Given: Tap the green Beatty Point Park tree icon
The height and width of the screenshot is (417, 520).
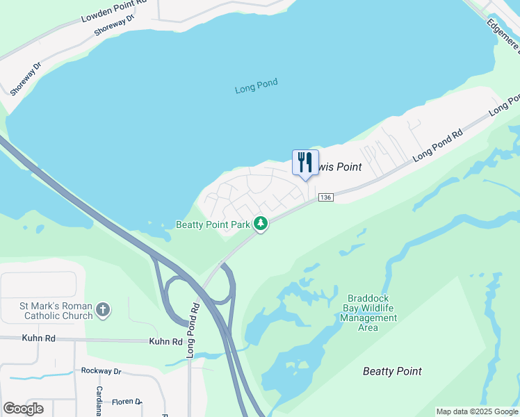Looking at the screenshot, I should (261, 224).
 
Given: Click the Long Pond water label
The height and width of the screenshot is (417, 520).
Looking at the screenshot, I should (256, 87).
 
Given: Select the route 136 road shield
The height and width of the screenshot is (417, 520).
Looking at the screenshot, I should (326, 198).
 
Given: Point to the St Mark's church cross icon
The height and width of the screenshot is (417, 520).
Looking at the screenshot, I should (103, 310).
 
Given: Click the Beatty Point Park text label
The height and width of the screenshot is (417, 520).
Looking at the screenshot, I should (212, 224).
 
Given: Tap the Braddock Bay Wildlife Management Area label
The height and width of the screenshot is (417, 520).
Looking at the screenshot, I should (368, 313).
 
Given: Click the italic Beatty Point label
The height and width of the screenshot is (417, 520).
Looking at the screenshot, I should (392, 372).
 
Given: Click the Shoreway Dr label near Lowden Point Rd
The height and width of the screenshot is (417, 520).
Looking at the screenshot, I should (115, 26).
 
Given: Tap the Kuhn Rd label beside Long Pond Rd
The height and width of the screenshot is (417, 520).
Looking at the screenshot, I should (165, 342).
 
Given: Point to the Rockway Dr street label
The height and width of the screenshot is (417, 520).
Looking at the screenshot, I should (101, 371).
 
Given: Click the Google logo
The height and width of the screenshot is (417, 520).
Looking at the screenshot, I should (23, 409).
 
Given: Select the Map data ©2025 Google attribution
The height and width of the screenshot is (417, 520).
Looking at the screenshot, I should (477, 411).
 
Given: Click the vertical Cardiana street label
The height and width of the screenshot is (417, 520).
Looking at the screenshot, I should (99, 401).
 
